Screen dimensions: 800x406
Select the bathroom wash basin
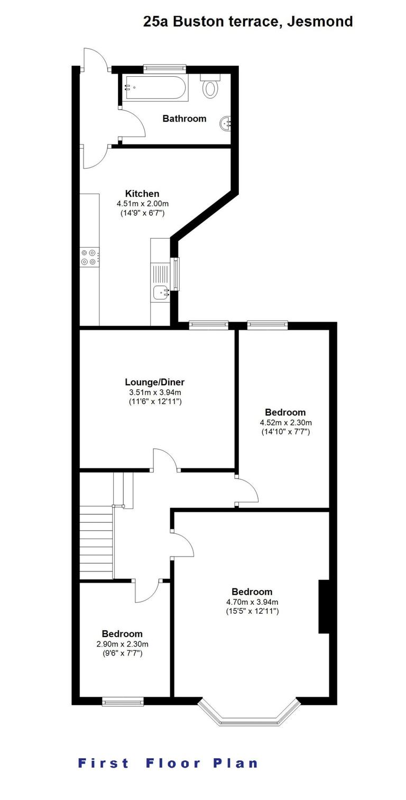coord(226,124)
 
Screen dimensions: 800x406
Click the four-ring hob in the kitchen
coord(89,257)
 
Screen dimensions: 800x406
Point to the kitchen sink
coord(160,291)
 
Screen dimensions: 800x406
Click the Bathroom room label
coord(184,119)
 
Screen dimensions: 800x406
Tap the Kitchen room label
coord(142,194)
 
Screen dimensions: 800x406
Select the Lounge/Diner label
coord(154,382)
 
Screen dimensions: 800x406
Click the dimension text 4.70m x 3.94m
coord(252,602)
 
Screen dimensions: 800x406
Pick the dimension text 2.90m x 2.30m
coord(122,644)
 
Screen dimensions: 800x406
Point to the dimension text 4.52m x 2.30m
coord(285,422)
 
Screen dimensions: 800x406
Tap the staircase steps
coord(96,542)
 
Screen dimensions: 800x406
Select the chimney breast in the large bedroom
coord(324,606)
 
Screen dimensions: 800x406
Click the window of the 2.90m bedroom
coord(123,702)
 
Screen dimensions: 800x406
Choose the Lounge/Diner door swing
coord(165,458)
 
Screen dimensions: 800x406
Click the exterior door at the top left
coord(95,59)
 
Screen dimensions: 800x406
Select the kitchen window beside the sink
coord(176,274)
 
